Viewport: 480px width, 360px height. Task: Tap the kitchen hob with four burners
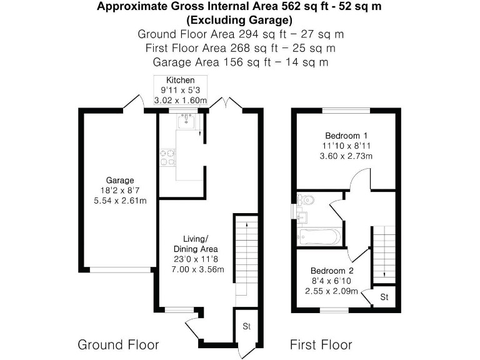click(x=167, y=157)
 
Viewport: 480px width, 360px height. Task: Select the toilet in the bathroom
click(x=306, y=200)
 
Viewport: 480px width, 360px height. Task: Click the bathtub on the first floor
click(x=319, y=237)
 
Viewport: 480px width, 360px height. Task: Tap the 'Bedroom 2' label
click(x=332, y=271)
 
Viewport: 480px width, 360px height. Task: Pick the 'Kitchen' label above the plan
click(x=180, y=80)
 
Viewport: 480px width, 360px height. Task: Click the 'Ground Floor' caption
click(x=118, y=344)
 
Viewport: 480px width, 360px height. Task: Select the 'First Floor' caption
click(x=321, y=344)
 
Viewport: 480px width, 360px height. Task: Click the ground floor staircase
click(x=246, y=253)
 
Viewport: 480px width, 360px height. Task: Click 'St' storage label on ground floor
click(x=247, y=326)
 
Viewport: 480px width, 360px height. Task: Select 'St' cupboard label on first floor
click(x=384, y=297)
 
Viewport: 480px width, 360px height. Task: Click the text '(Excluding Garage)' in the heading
click(x=240, y=19)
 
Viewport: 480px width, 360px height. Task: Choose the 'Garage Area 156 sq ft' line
click(x=240, y=62)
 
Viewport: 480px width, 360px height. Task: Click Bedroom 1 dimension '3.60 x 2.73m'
click(x=346, y=156)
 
